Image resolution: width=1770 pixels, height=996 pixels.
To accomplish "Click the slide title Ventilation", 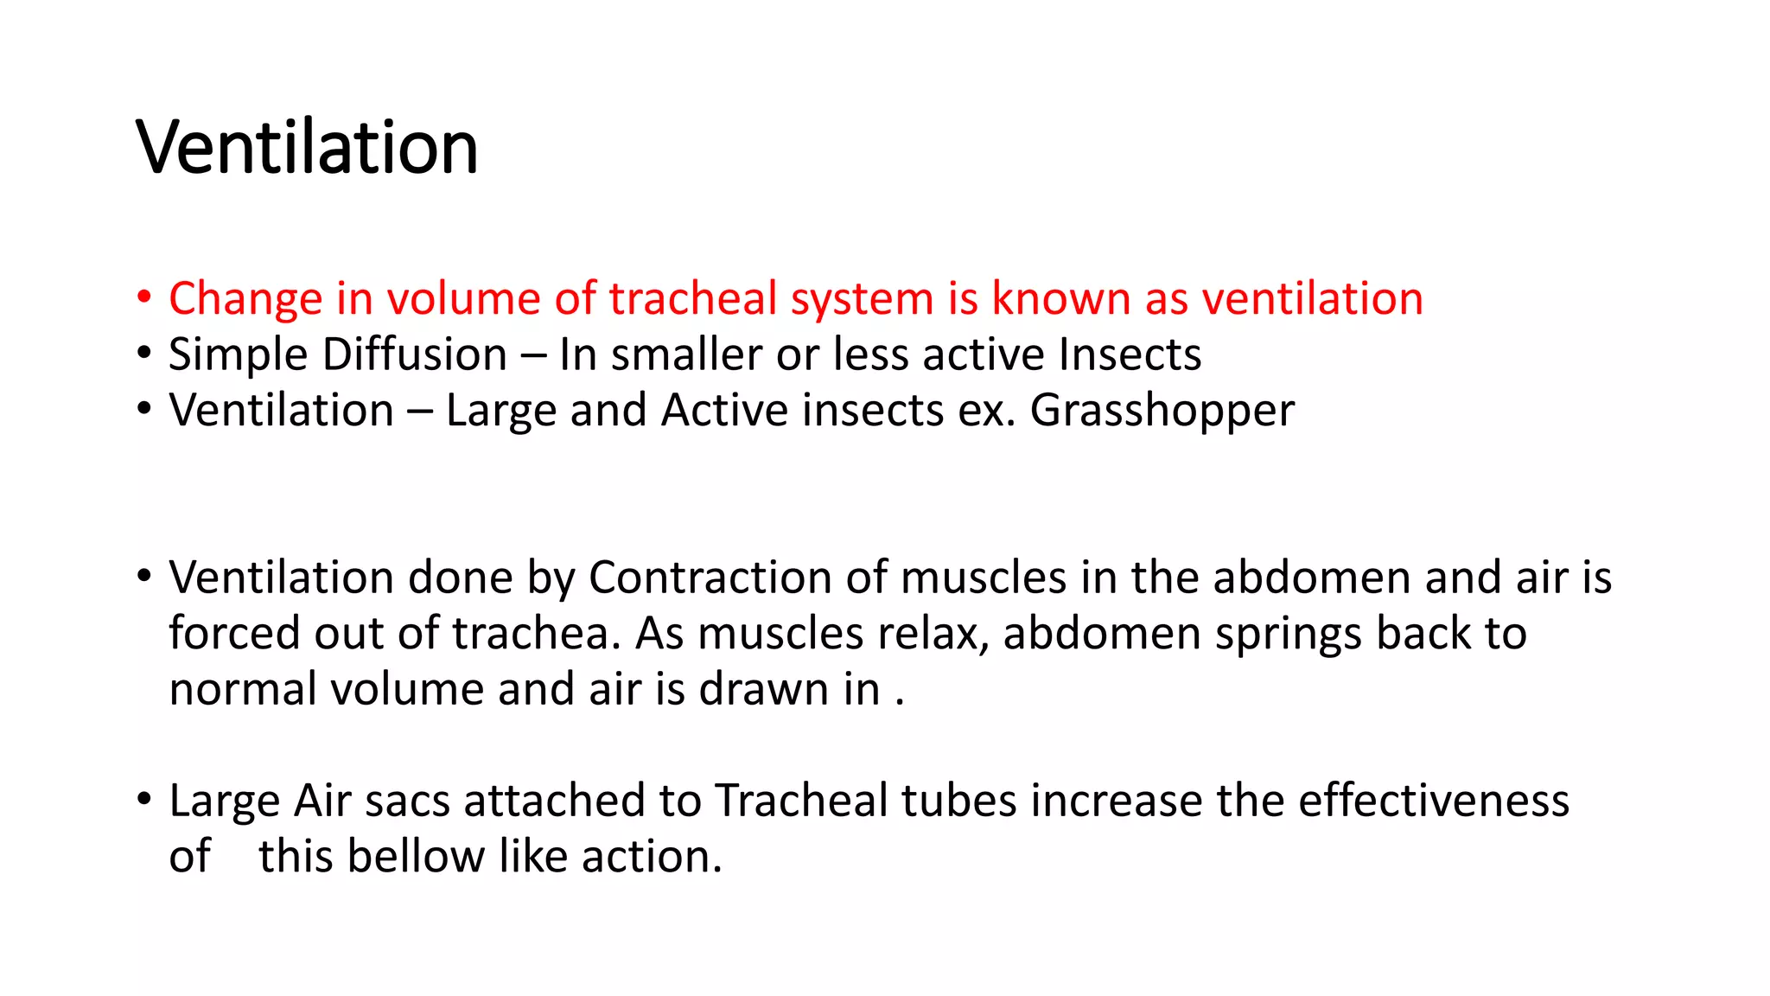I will point(307,147).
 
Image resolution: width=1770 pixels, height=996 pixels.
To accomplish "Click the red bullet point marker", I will point(143,297).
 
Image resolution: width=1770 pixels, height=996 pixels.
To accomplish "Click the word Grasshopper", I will point(1162,411).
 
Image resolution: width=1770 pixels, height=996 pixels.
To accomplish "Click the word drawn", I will point(763,689).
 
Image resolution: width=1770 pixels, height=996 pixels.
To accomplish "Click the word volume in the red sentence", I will point(462,298).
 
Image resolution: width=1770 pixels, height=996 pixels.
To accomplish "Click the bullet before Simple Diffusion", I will point(143,354).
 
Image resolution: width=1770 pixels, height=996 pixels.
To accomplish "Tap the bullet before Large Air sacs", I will point(143,799).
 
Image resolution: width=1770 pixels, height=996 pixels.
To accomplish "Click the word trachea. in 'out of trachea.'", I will point(537,633).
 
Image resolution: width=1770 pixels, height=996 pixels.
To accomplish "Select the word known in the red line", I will point(1060,298).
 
